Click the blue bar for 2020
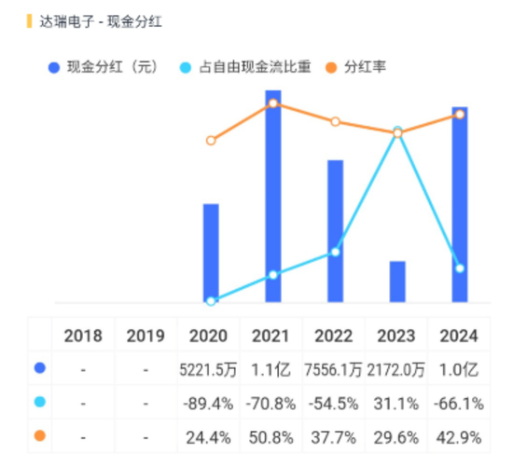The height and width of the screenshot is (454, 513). tap(211, 253)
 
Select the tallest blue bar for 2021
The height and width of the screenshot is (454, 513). tap(273, 197)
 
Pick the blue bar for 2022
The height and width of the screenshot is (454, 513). tap(335, 231)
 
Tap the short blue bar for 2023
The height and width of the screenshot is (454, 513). tap(397, 282)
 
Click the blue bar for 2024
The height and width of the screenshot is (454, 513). tap(459, 205)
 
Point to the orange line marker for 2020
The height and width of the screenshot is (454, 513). tap(211, 141)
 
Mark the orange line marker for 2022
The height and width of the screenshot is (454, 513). tap(335, 122)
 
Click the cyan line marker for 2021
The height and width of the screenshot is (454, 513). tap(273, 275)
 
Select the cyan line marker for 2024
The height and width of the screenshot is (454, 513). tap(459, 268)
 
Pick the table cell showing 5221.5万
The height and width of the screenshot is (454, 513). tap(210, 369)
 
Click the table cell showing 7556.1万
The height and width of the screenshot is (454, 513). tap(334, 369)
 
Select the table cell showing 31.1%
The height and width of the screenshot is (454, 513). tap(396, 403)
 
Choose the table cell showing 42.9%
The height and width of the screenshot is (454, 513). tap(458, 435)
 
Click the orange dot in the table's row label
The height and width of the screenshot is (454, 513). tap(39, 435)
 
